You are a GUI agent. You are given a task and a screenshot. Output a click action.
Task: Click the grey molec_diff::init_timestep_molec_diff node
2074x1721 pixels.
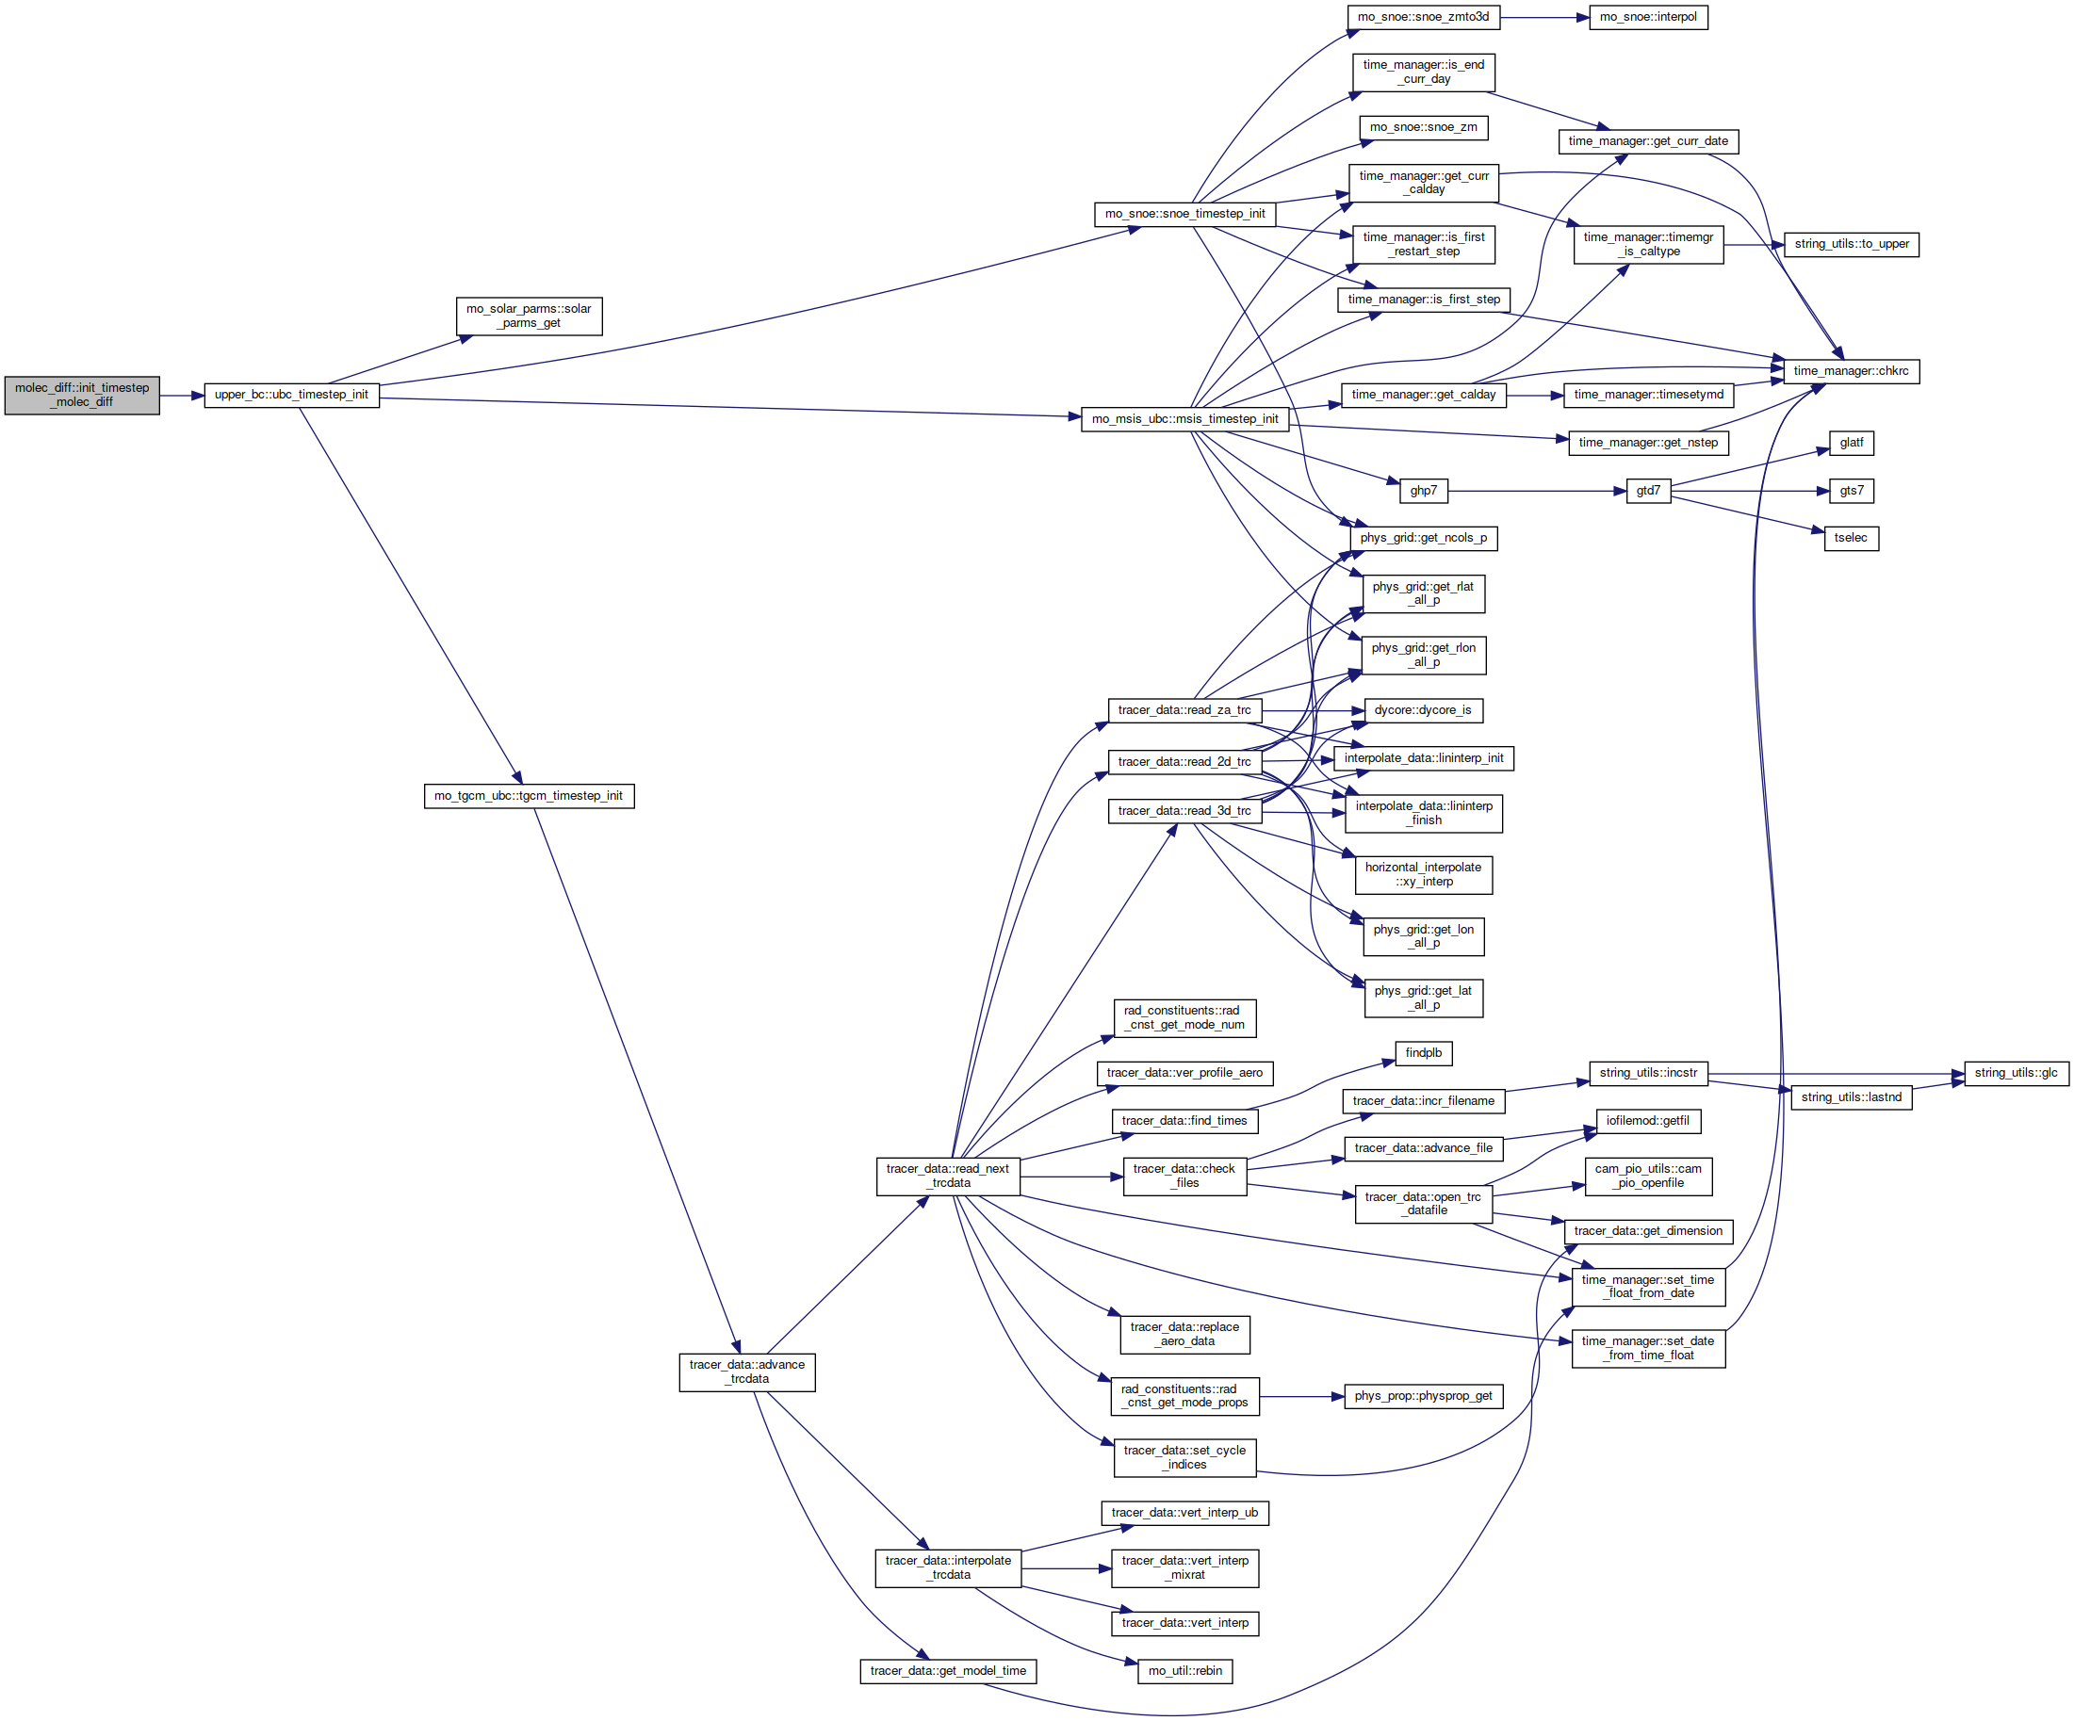(82, 395)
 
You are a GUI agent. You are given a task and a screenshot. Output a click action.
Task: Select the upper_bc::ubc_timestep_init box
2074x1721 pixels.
(291, 395)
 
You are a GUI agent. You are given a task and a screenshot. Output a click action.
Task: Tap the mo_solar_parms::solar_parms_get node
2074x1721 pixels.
(529, 316)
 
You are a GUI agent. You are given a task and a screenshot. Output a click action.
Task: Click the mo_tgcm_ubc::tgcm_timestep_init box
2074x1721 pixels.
(529, 796)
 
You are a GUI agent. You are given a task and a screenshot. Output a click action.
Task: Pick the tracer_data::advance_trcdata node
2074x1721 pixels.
(746, 1372)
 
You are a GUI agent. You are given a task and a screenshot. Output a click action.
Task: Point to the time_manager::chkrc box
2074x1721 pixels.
(1851, 371)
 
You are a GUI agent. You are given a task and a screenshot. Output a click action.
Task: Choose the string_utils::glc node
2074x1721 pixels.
(2016, 1073)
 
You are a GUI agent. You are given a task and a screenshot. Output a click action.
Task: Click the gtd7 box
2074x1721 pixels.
(1648, 491)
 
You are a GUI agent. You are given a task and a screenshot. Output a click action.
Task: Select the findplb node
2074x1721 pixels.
(1423, 1053)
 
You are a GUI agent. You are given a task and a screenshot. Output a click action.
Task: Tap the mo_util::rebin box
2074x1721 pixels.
(1185, 1672)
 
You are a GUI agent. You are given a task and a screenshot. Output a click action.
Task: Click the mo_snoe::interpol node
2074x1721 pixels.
(1648, 17)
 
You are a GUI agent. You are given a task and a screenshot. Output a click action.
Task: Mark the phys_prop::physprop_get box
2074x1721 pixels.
(1423, 1396)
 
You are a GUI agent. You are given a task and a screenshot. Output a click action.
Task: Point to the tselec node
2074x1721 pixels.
(1851, 538)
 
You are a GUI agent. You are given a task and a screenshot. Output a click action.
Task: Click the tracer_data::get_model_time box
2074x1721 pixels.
(948, 1672)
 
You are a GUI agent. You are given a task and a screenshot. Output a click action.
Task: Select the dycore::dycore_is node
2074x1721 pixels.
(1423, 710)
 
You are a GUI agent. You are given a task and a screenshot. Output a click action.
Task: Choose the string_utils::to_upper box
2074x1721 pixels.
(1852, 244)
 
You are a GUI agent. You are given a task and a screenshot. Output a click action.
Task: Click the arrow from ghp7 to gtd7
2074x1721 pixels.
(1537, 491)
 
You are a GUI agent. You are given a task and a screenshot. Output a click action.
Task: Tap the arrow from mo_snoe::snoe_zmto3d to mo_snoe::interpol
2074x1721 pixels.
(1544, 17)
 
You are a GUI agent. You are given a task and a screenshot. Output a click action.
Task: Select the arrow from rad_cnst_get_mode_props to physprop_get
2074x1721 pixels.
(1301, 1397)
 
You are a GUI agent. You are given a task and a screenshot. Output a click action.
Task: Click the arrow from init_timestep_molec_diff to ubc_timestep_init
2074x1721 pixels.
(182, 396)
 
